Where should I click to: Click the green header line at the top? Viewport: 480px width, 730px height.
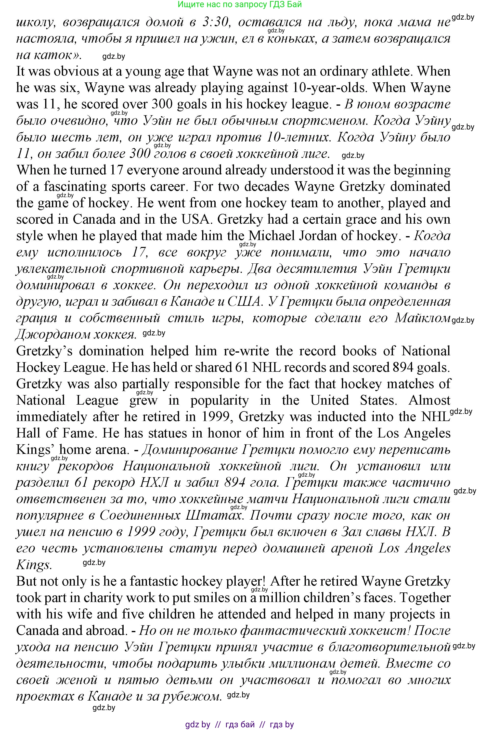(240, 4)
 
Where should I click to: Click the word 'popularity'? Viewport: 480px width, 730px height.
(219, 400)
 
